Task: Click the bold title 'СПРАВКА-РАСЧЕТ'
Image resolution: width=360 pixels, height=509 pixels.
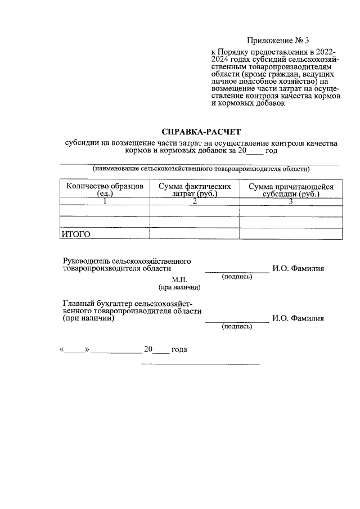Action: (x=200, y=132)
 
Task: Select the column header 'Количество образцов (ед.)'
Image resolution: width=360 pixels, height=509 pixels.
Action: (x=105, y=190)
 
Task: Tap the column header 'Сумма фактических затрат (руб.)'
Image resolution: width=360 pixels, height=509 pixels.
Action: (x=195, y=190)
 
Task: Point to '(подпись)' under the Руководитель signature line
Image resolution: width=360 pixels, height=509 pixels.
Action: (x=237, y=277)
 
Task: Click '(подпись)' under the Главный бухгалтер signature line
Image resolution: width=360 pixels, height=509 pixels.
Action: (x=237, y=326)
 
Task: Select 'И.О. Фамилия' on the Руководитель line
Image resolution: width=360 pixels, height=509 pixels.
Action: (x=298, y=269)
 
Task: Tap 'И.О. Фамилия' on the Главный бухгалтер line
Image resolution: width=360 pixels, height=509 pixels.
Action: (x=298, y=318)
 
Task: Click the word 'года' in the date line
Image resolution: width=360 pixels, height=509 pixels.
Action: (x=179, y=350)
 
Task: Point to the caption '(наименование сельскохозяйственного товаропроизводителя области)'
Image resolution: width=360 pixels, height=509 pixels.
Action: (x=201, y=169)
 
